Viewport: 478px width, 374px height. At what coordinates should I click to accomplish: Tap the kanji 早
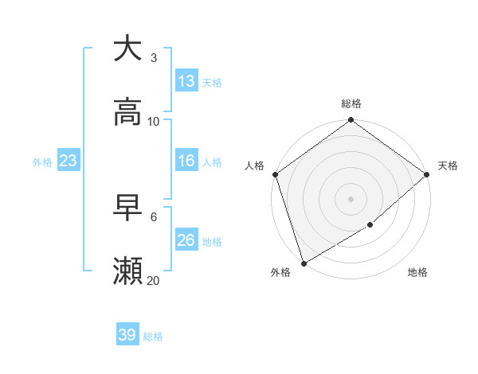click(x=127, y=207)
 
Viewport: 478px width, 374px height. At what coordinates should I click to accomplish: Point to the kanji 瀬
click(x=127, y=271)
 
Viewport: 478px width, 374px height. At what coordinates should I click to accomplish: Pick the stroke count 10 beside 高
click(x=154, y=121)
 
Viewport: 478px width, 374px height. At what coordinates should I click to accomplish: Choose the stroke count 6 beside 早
click(x=154, y=216)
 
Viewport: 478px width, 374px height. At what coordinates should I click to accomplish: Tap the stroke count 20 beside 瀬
click(x=154, y=280)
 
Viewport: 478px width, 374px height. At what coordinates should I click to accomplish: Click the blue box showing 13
click(x=186, y=81)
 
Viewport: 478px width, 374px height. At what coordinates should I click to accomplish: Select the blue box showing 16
click(x=186, y=161)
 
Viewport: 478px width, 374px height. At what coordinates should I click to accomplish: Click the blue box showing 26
click(x=186, y=240)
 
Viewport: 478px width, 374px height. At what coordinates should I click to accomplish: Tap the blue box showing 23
click(x=69, y=161)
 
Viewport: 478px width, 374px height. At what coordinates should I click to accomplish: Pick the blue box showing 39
click(x=127, y=335)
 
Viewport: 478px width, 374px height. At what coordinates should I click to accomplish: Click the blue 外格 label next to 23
click(x=42, y=162)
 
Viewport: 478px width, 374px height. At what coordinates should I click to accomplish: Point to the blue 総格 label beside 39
click(x=153, y=337)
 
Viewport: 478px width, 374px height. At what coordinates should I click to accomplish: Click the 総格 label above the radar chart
click(x=351, y=103)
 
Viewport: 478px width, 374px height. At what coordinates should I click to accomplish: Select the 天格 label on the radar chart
click(x=448, y=166)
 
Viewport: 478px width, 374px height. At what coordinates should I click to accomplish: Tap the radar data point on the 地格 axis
click(x=370, y=225)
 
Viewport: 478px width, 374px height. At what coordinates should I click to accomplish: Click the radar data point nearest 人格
click(x=275, y=174)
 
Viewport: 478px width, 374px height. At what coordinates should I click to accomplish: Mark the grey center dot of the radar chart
click(x=351, y=199)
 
